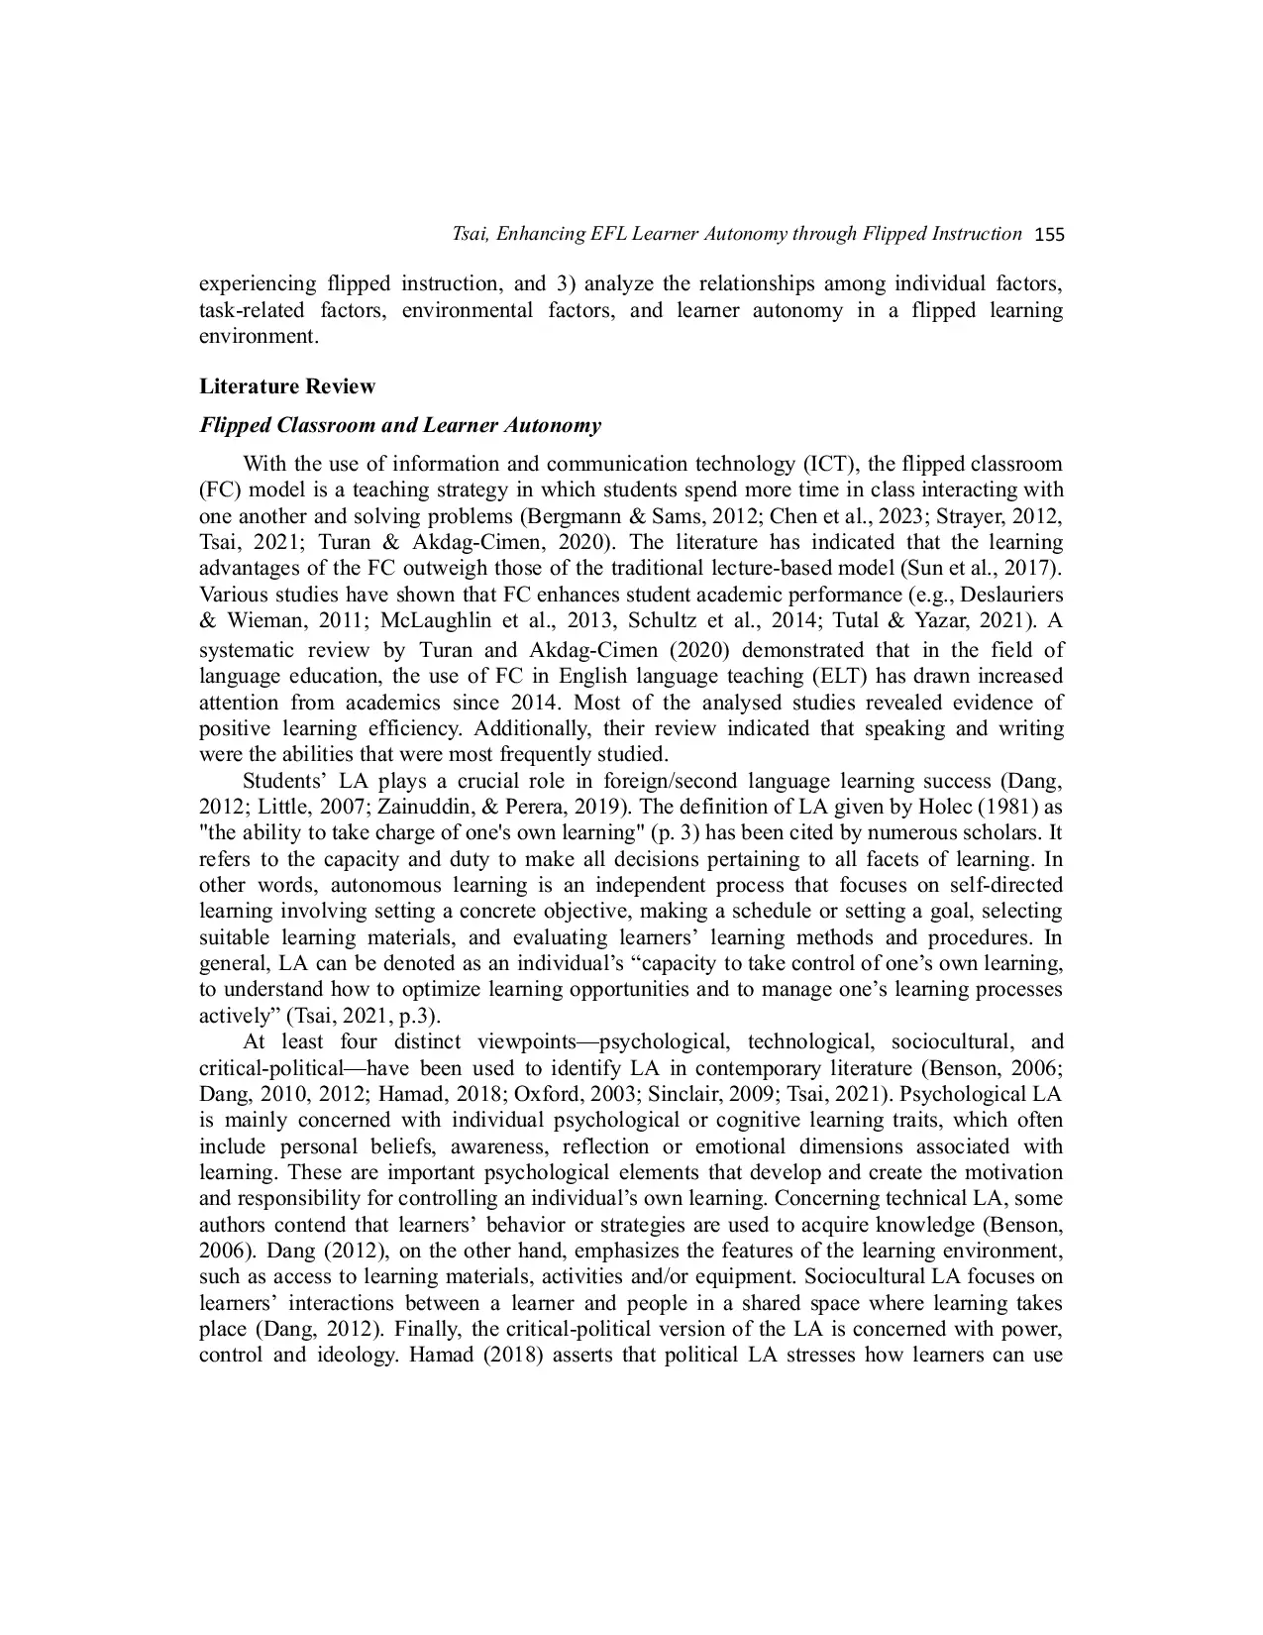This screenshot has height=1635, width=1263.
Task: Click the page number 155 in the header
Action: (1048, 236)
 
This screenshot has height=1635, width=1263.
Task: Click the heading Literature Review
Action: (287, 386)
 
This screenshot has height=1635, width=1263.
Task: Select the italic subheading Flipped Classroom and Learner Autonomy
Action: (400, 426)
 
